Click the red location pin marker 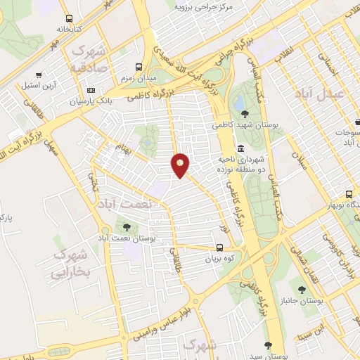click(181, 165)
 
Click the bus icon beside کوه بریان click(220, 247)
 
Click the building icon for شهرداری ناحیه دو click(241, 148)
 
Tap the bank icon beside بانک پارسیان click(91, 90)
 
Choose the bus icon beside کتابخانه click(68, 19)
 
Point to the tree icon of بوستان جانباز click(301, 288)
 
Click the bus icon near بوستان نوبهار click(349, 195)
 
